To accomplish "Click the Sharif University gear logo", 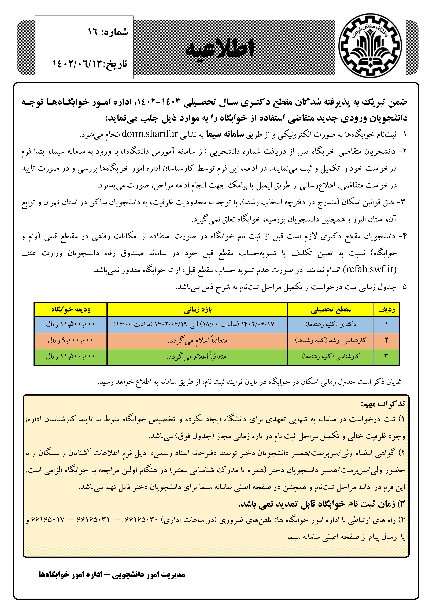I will (x=370, y=46).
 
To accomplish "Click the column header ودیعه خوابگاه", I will (x=71, y=309).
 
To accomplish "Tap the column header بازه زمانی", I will (x=197, y=309).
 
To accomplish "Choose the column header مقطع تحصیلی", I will (x=330, y=309).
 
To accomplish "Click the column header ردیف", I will (x=386, y=309).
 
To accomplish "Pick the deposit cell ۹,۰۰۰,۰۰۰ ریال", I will (x=71, y=340).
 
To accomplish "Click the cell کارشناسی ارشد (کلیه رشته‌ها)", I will (x=330, y=340).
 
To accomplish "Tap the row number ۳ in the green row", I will (x=386, y=356).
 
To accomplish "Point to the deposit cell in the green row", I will (x=71, y=356).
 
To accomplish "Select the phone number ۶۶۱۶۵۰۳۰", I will (x=141, y=520).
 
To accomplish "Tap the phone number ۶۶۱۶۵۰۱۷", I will (x=48, y=520).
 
